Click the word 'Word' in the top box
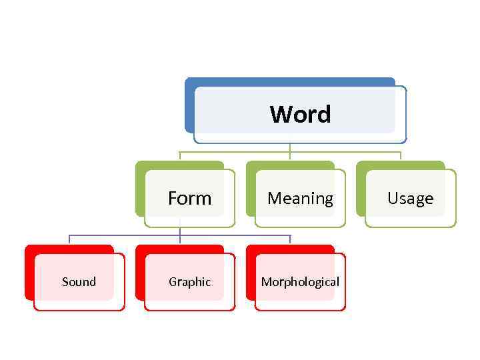(300, 114)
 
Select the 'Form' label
(189, 198)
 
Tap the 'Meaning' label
(300, 198)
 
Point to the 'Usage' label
(410, 198)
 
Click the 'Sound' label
(79, 282)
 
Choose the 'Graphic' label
(189, 282)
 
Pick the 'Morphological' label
(300, 282)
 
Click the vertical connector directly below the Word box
(290, 147)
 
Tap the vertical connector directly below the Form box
(180, 231)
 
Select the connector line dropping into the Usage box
(401, 156)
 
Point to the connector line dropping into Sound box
(69, 240)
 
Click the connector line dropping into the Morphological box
(290, 240)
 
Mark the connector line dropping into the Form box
(180, 156)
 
